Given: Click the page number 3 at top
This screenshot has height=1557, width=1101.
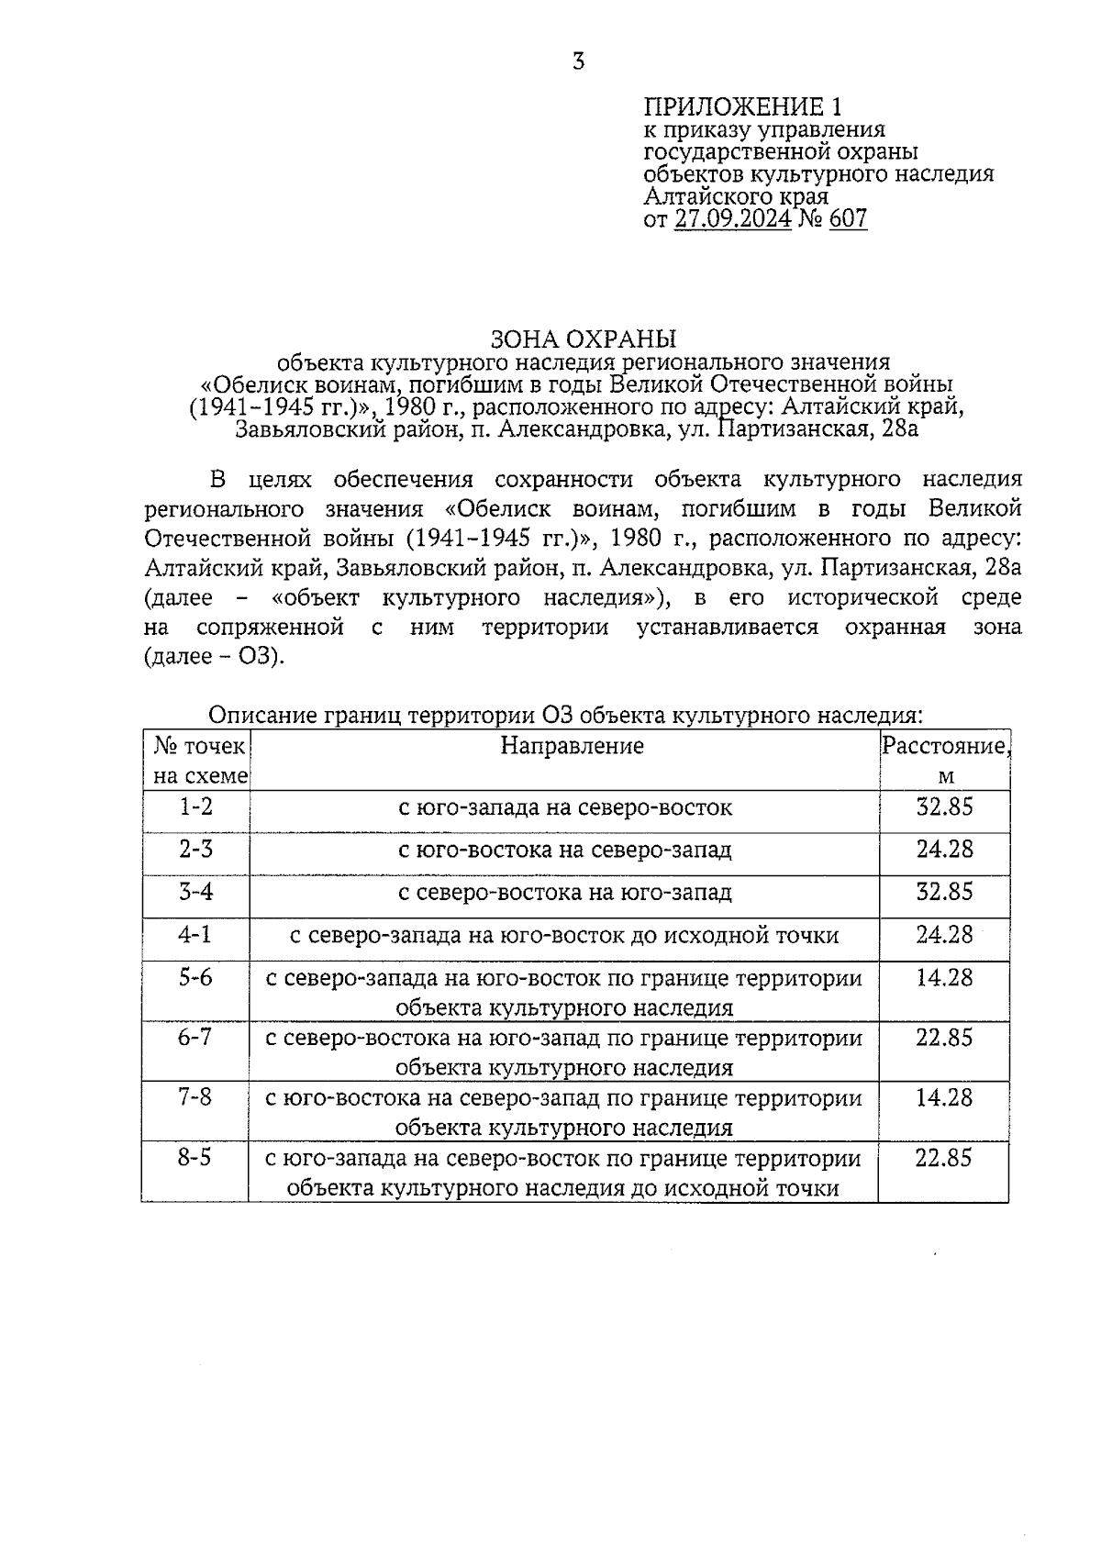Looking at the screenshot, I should (x=578, y=62).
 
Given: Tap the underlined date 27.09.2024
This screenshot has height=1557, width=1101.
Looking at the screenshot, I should (x=732, y=219).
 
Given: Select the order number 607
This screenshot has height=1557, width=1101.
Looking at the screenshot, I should (x=848, y=219).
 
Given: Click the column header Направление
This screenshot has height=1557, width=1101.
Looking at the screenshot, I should (x=572, y=746).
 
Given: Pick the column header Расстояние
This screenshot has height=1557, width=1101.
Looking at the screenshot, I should (x=944, y=746).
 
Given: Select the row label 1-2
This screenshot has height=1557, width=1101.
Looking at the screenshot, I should (x=195, y=807).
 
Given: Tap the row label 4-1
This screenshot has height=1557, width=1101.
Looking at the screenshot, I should (x=195, y=935).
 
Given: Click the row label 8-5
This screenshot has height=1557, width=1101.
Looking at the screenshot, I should (x=195, y=1158).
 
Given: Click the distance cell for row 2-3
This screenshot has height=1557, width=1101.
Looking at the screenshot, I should (x=944, y=850).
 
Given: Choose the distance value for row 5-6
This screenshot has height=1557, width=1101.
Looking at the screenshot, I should (x=944, y=978).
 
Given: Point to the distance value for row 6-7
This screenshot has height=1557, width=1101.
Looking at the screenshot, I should (x=944, y=1038).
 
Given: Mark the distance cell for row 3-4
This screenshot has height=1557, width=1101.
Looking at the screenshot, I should (x=944, y=892).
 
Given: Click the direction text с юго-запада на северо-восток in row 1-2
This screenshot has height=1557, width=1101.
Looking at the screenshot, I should (x=564, y=808).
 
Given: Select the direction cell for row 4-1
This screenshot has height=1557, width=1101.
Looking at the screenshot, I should (x=564, y=936).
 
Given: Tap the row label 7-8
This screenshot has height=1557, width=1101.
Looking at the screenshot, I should (x=195, y=1097).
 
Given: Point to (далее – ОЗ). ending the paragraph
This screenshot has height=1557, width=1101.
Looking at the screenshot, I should (x=214, y=658).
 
